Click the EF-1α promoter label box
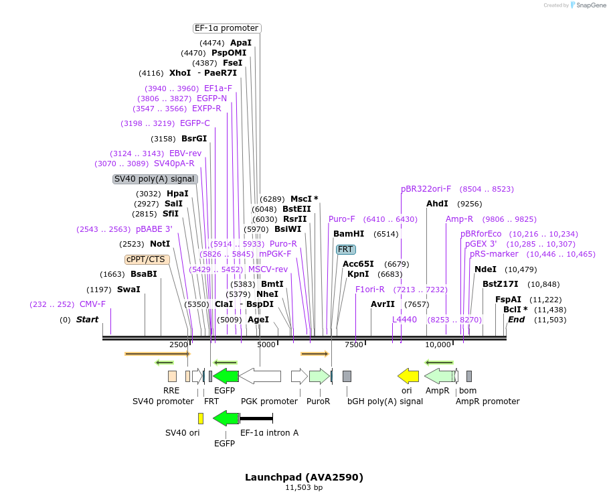pos(226,28)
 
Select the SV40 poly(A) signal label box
pos(155,179)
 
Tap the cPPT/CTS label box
pos(147,259)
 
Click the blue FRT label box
pos(345,249)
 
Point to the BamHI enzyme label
pos(349,234)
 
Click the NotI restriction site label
pos(160,244)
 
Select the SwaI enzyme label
pos(129,290)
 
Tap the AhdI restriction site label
pos(437,204)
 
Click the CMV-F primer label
pos(92,304)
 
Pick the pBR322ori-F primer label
pos(426,189)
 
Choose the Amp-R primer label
pos(459,219)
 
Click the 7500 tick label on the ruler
pos(353,345)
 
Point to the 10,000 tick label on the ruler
pos(438,345)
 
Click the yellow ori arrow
pos(408,376)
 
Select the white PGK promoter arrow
pos(260,376)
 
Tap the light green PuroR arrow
pos(319,376)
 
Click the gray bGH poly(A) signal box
pos(347,376)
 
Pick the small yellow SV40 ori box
pos(201,418)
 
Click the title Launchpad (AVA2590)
pos(304,477)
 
